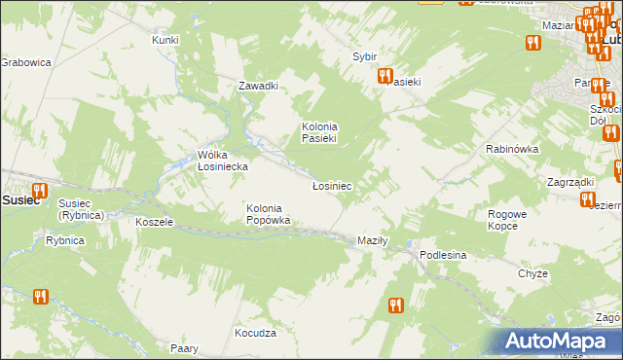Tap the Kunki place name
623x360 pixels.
[x=165, y=40]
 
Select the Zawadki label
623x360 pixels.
[x=259, y=86]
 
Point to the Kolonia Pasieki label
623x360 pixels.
[x=319, y=132]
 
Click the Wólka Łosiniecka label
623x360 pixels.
[x=222, y=161]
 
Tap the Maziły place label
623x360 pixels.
[x=373, y=240]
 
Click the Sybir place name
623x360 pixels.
[x=364, y=56]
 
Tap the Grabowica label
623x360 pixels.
[x=25, y=62]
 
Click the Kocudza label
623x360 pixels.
[x=255, y=333]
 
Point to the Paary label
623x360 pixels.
[x=184, y=348]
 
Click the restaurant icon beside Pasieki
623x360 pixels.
[x=385, y=75]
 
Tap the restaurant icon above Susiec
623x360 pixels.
[x=39, y=191]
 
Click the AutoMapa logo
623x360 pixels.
[x=557, y=341]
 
